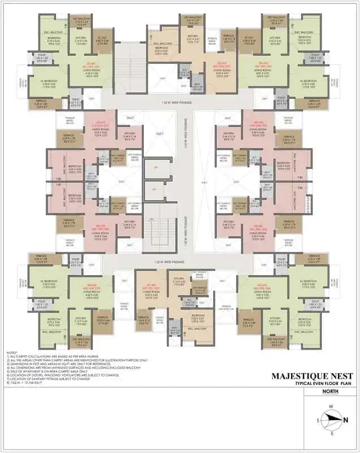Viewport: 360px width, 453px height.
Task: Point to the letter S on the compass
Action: (318, 420)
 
